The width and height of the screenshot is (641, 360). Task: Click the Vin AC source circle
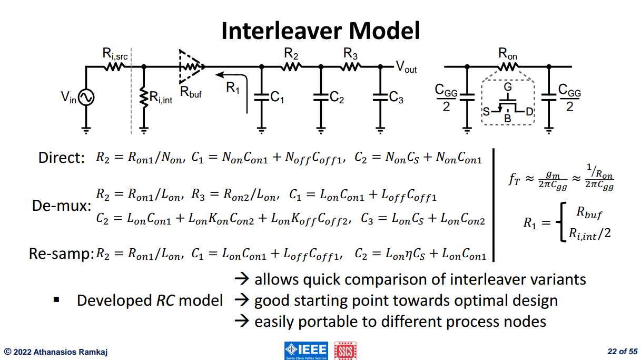coord(86,98)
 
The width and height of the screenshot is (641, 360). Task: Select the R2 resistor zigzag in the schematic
coord(291,67)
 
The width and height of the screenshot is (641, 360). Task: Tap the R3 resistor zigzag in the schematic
coord(351,67)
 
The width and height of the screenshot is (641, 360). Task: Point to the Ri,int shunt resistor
coord(144,98)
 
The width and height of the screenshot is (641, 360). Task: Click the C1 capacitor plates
coord(261,98)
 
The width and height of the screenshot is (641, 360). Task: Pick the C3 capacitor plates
coord(380,98)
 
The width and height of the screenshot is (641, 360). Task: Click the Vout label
coord(406,67)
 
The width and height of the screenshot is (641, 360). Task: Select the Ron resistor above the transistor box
coord(508,67)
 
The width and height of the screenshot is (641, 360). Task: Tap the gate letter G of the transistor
coord(508,87)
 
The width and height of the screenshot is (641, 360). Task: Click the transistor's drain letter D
coord(529,111)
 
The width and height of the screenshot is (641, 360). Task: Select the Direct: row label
coord(62,158)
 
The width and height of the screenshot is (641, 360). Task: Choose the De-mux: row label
coord(62,206)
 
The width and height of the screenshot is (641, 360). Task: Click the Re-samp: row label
coord(62,254)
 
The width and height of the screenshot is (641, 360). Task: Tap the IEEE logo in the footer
coord(306,351)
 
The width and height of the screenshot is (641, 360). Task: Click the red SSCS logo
coord(346,351)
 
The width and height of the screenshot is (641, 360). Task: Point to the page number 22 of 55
coord(623,352)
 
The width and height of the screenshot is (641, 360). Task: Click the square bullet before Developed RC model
coord(56,300)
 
